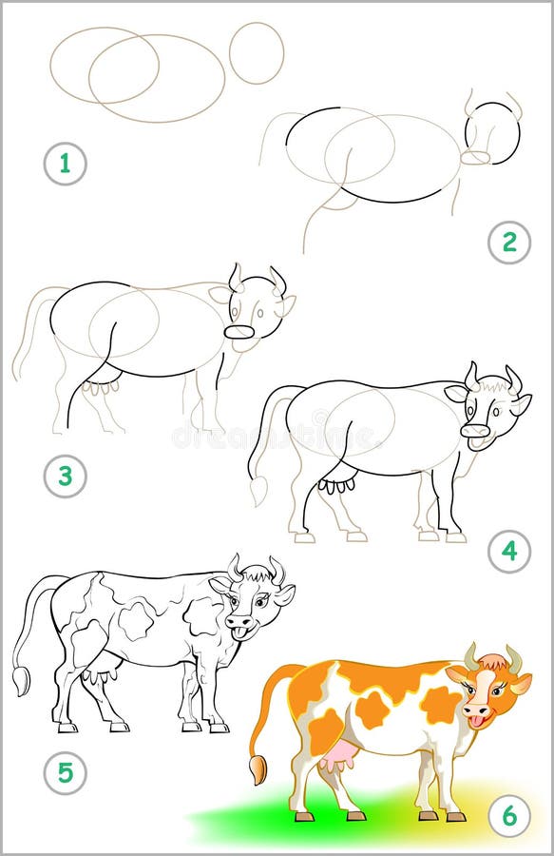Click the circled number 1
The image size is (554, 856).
[x=65, y=164]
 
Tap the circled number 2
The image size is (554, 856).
[x=509, y=243]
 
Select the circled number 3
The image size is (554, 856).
[x=65, y=476]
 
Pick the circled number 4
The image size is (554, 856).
[x=509, y=551]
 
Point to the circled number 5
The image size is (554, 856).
[x=65, y=773]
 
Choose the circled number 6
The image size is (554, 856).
[x=509, y=815]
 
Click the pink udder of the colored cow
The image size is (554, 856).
[x=339, y=757]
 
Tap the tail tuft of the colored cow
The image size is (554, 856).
[x=258, y=768]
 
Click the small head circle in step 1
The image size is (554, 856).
[x=257, y=52]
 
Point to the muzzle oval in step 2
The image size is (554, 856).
[x=475, y=157]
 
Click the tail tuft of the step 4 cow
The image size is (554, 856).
[x=258, y=491]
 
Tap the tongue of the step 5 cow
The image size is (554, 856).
[x=242, y=632]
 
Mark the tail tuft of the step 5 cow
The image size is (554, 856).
[x=21, y=680]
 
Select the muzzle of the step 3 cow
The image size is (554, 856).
[x=239, y=332]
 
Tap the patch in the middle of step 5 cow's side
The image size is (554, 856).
[x=136, y=619]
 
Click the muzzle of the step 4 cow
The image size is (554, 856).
[x=475, y=431]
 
